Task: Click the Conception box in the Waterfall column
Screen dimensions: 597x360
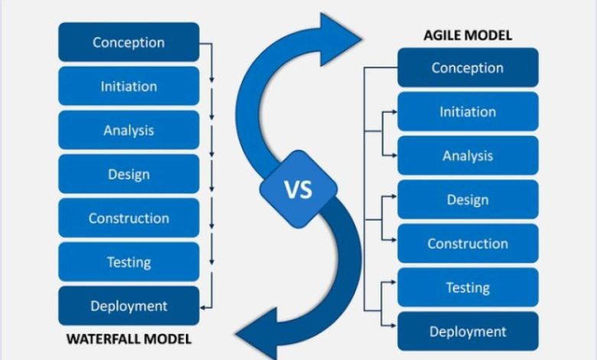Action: tap(129, 42)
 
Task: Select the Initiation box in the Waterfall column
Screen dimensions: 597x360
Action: tap(129, 86)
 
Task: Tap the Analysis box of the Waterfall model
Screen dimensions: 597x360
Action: tap(129, 130)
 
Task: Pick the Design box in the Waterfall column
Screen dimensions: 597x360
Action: tap(129, 174)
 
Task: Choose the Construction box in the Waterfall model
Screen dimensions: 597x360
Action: tap(129, 218)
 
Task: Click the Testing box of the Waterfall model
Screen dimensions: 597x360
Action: tap(129, 262)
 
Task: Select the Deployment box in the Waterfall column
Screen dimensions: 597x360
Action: tap(129, 306)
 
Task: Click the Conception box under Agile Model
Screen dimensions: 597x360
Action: tap(468, 67)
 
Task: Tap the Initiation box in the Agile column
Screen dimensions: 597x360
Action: tap(468, 112)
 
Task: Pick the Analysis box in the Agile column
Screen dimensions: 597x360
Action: tap(468, 155)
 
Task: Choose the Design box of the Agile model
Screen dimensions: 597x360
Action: tap(468, 200)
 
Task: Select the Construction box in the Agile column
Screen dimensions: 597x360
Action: tap(468, 244)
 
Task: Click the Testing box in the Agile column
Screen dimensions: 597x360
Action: tap(468, 287)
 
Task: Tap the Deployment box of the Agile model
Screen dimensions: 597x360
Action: tap(468, 332)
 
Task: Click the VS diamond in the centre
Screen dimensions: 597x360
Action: tap(298, 189)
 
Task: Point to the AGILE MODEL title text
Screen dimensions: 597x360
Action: tap(468, 35)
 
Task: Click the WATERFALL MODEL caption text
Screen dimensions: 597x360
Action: tap(129, 339)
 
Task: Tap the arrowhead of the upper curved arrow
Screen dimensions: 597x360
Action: tap(339, 39)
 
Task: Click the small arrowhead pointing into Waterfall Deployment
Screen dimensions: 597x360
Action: tap(203, 307)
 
